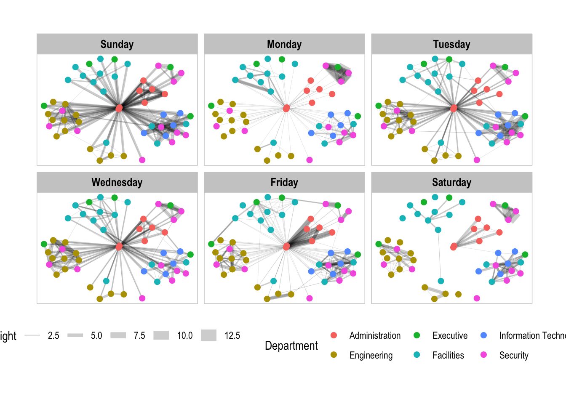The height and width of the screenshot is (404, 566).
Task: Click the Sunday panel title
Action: pos(117,44)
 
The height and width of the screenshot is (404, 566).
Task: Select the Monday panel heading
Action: pos(284,44)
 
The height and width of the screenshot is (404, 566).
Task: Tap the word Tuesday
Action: pos(451,44)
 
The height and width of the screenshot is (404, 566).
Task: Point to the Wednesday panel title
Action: pos(117,182)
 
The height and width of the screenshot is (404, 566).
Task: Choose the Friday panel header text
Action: pos(284,182)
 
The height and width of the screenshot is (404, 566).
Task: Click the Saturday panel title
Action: pos(451,182)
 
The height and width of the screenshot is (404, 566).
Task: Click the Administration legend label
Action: pos(375,335)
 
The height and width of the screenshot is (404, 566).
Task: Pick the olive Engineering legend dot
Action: pos(334,355)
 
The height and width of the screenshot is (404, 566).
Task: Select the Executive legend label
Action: pos(450,335)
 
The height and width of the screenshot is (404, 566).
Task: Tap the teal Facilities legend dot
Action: pos(417,355)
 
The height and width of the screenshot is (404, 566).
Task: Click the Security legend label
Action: pos(514,355)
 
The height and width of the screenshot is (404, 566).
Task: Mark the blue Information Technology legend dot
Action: pos(484,335)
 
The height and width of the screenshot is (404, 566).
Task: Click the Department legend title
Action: pos(291,346)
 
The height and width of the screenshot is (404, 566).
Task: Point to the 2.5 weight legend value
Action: pos(53,335)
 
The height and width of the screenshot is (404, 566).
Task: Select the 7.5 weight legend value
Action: pos(139,335)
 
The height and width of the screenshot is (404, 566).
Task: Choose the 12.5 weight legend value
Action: pos(232,335)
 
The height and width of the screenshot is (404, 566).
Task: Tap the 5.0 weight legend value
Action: pos(96,335)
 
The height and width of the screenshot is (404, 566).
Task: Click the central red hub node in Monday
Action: pos(286,109)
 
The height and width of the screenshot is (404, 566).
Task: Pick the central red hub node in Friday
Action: pos(286,247)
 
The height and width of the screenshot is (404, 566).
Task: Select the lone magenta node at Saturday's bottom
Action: pos(477,298)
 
